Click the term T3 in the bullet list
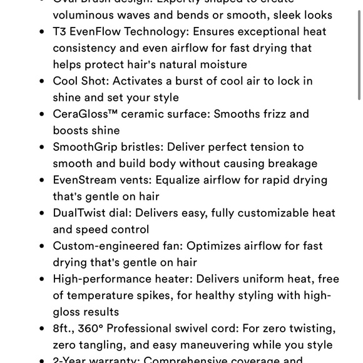tap(61, 31)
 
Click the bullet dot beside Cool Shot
tap(41, 81)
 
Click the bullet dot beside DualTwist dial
tap(41, 213)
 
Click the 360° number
tap(92, 329)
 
